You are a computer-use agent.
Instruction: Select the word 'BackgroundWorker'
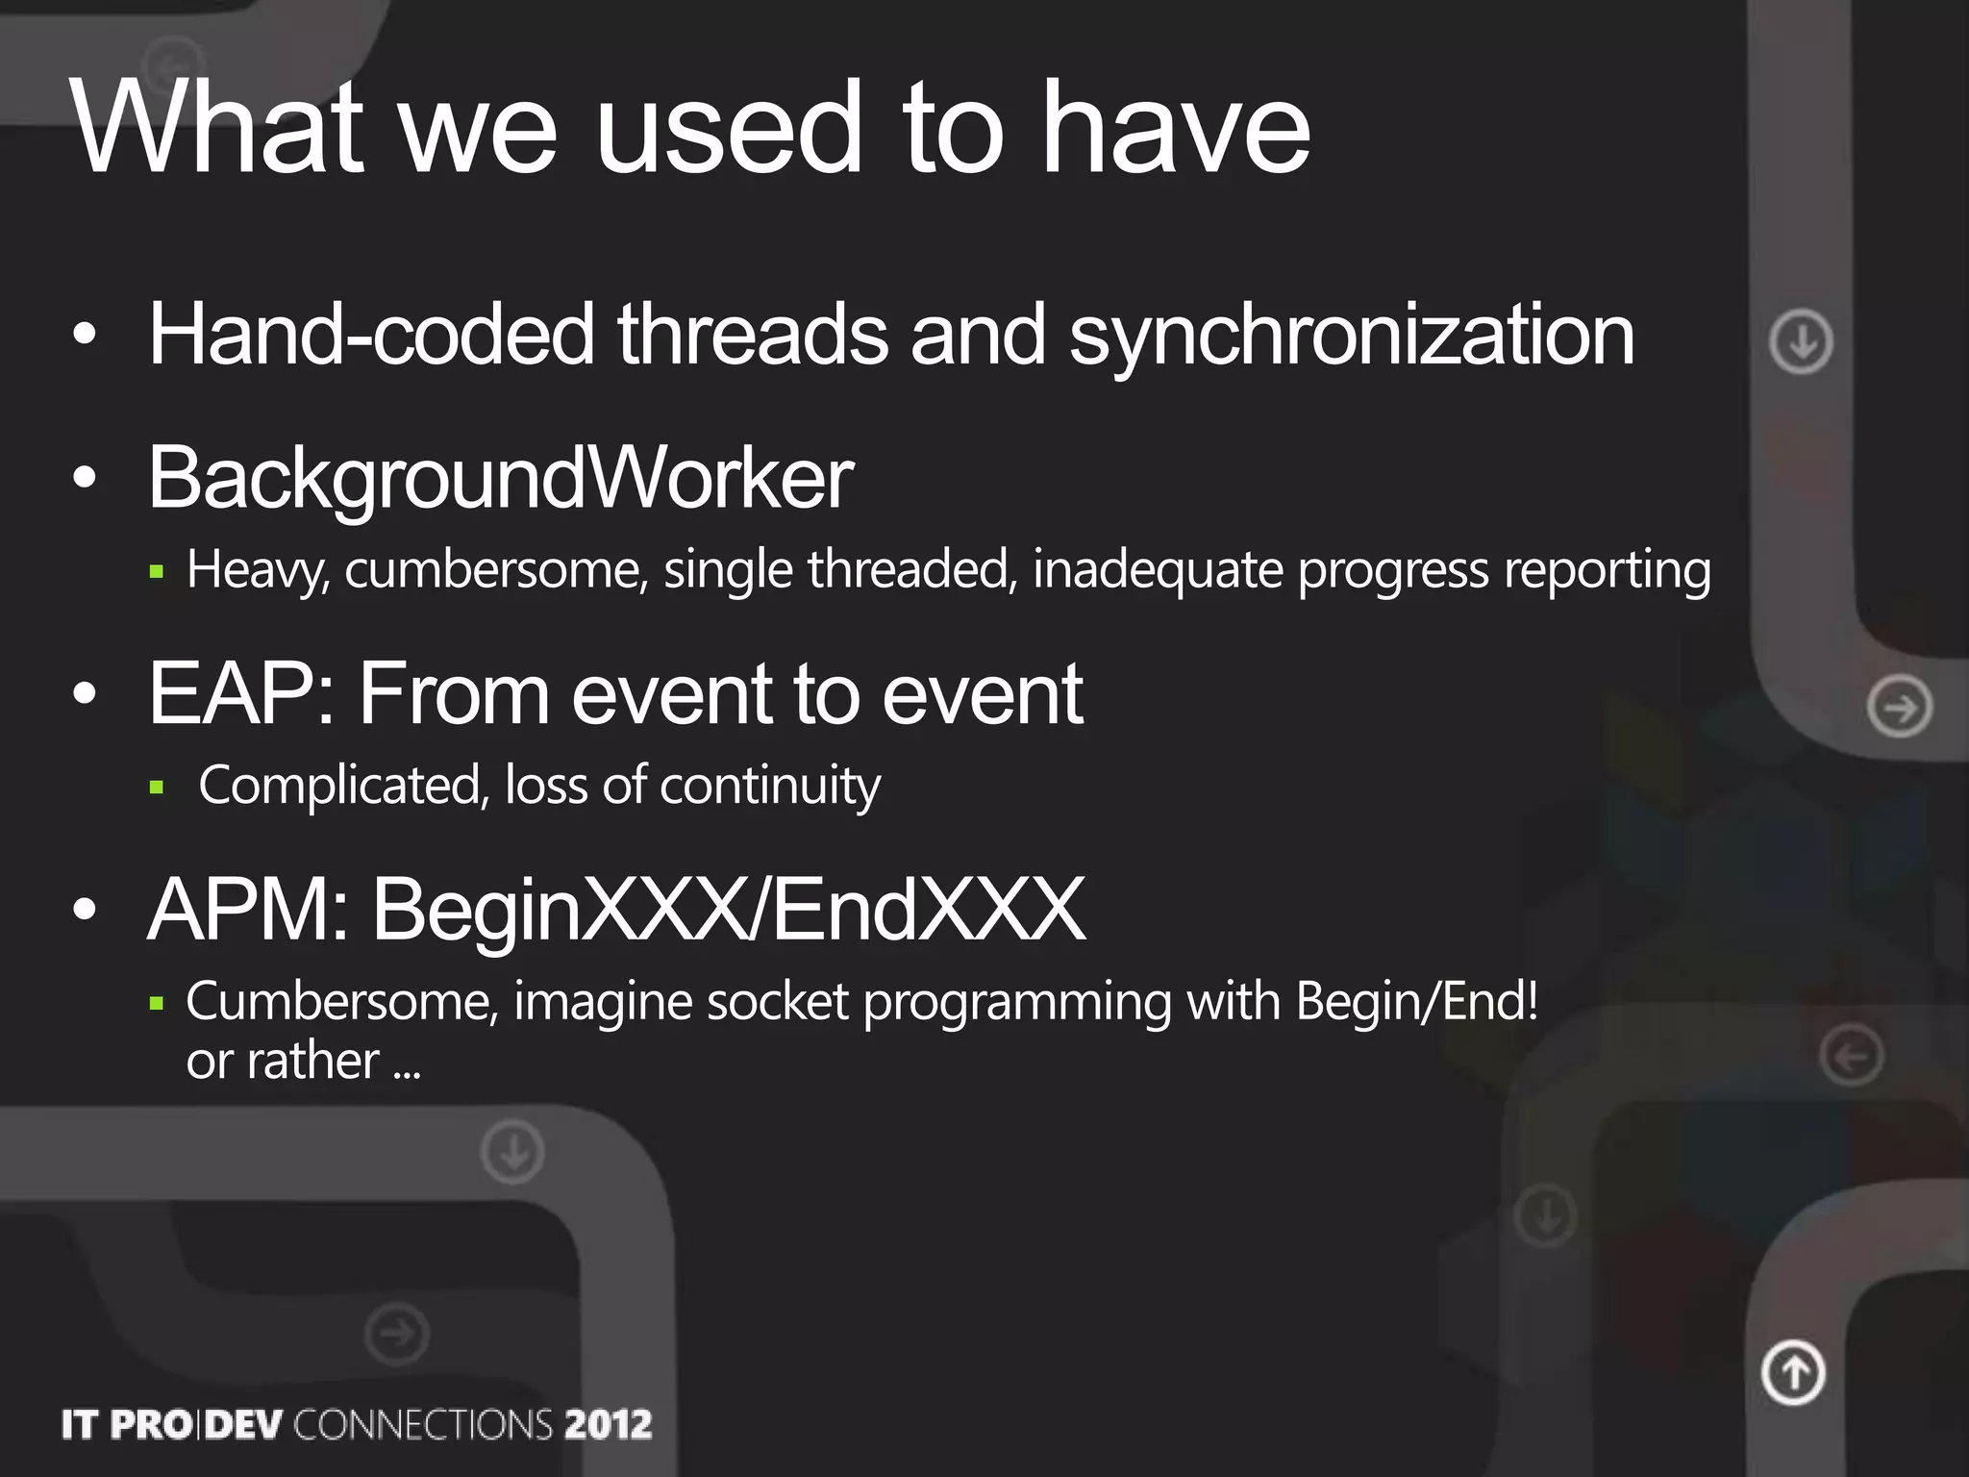click(x=500, y=478)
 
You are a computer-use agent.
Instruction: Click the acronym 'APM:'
click(x=248, y=910)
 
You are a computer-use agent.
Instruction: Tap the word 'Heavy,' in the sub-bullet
click(x=259, y=570)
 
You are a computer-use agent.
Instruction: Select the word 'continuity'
click(x=769, y=787)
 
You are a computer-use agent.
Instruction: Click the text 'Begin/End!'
click(x=1416, y=1002)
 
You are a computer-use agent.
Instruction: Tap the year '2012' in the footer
click(x=608, y=1424)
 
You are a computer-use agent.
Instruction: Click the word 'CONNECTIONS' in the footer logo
click(x=423, y=1424)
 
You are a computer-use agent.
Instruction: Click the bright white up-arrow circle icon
click(x=1793, y=1372)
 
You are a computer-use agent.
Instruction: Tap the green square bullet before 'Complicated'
click(x=158, y=789)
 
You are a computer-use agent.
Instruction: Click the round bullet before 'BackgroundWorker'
click(x=85, y=478)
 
